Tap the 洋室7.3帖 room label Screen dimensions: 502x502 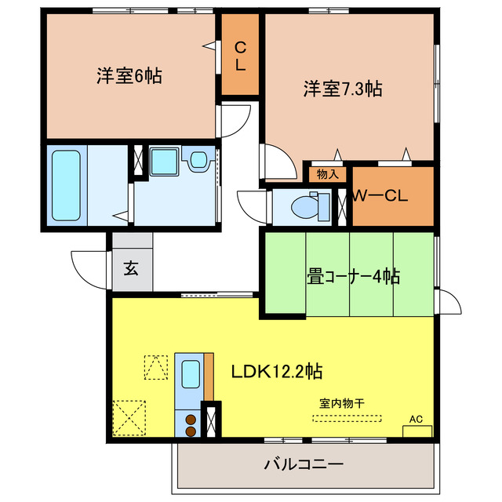click(343, 89)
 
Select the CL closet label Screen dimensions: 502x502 click(240, 56)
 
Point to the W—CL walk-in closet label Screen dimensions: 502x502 click(380, 196)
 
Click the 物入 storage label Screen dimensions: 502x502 click(327, 174)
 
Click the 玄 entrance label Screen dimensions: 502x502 click(131, 268)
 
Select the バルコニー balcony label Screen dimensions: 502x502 click(304, 464)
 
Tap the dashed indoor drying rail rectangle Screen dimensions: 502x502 click(347, 417)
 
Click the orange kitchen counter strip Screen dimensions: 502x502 click(209, 376)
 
